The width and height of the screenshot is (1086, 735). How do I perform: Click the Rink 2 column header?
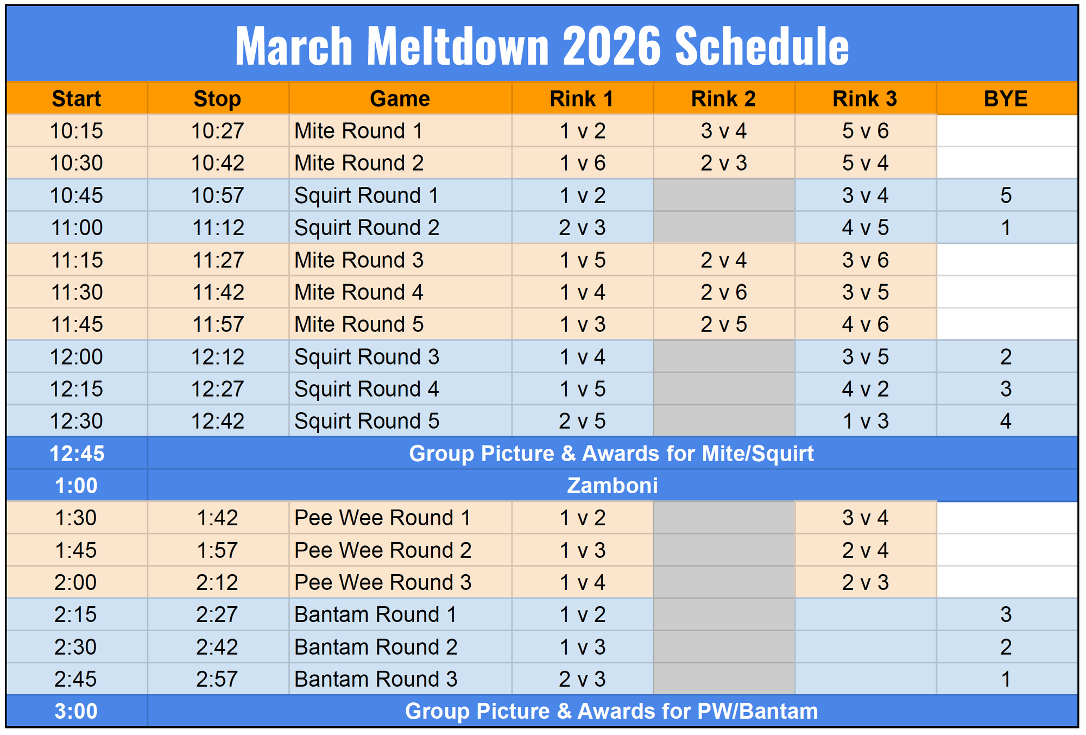723,99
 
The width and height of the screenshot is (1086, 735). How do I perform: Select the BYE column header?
1006,99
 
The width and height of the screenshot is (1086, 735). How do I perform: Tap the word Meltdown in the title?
458,46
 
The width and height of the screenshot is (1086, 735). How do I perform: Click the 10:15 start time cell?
77,131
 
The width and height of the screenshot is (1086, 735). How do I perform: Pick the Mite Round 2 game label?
359,163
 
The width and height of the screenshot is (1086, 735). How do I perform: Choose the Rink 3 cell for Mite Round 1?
866,131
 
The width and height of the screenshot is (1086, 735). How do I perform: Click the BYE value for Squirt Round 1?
1006,196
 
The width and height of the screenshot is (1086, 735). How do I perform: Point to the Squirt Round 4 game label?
367,389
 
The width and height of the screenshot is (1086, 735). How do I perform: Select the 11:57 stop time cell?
218,324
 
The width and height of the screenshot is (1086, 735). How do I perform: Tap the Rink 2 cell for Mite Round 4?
724,292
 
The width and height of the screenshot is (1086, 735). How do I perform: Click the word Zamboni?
613,486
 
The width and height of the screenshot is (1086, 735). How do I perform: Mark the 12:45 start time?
77,454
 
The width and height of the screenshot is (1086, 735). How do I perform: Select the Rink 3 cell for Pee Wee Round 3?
866,582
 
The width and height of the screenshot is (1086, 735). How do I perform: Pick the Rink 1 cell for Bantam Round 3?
582,679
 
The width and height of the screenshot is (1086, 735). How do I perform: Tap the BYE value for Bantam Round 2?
1006,647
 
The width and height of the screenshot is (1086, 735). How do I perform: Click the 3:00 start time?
76,711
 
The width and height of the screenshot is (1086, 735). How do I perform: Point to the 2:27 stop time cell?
217,614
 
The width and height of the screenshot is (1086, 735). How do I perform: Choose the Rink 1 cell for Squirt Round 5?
582,421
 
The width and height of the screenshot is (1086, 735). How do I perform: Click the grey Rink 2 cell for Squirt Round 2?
724,228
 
